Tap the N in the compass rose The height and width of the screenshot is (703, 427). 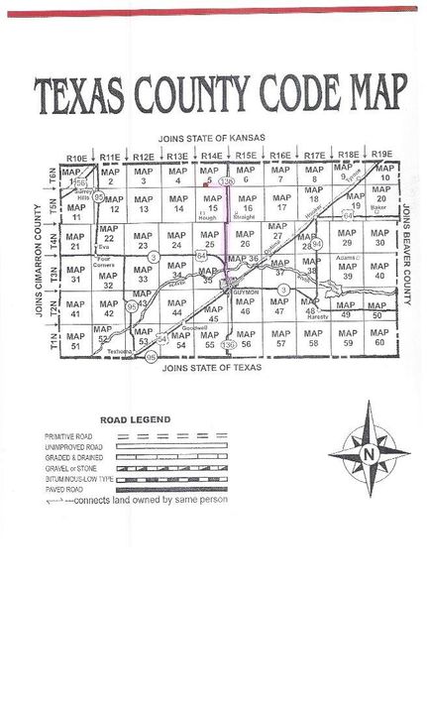pos(369,454)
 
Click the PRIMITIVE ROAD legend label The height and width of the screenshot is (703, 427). pos(69,436)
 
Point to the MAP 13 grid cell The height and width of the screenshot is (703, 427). pos(144,205)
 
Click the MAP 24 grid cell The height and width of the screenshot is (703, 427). pos(177,239)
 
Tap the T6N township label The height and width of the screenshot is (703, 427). pos(53,176)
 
